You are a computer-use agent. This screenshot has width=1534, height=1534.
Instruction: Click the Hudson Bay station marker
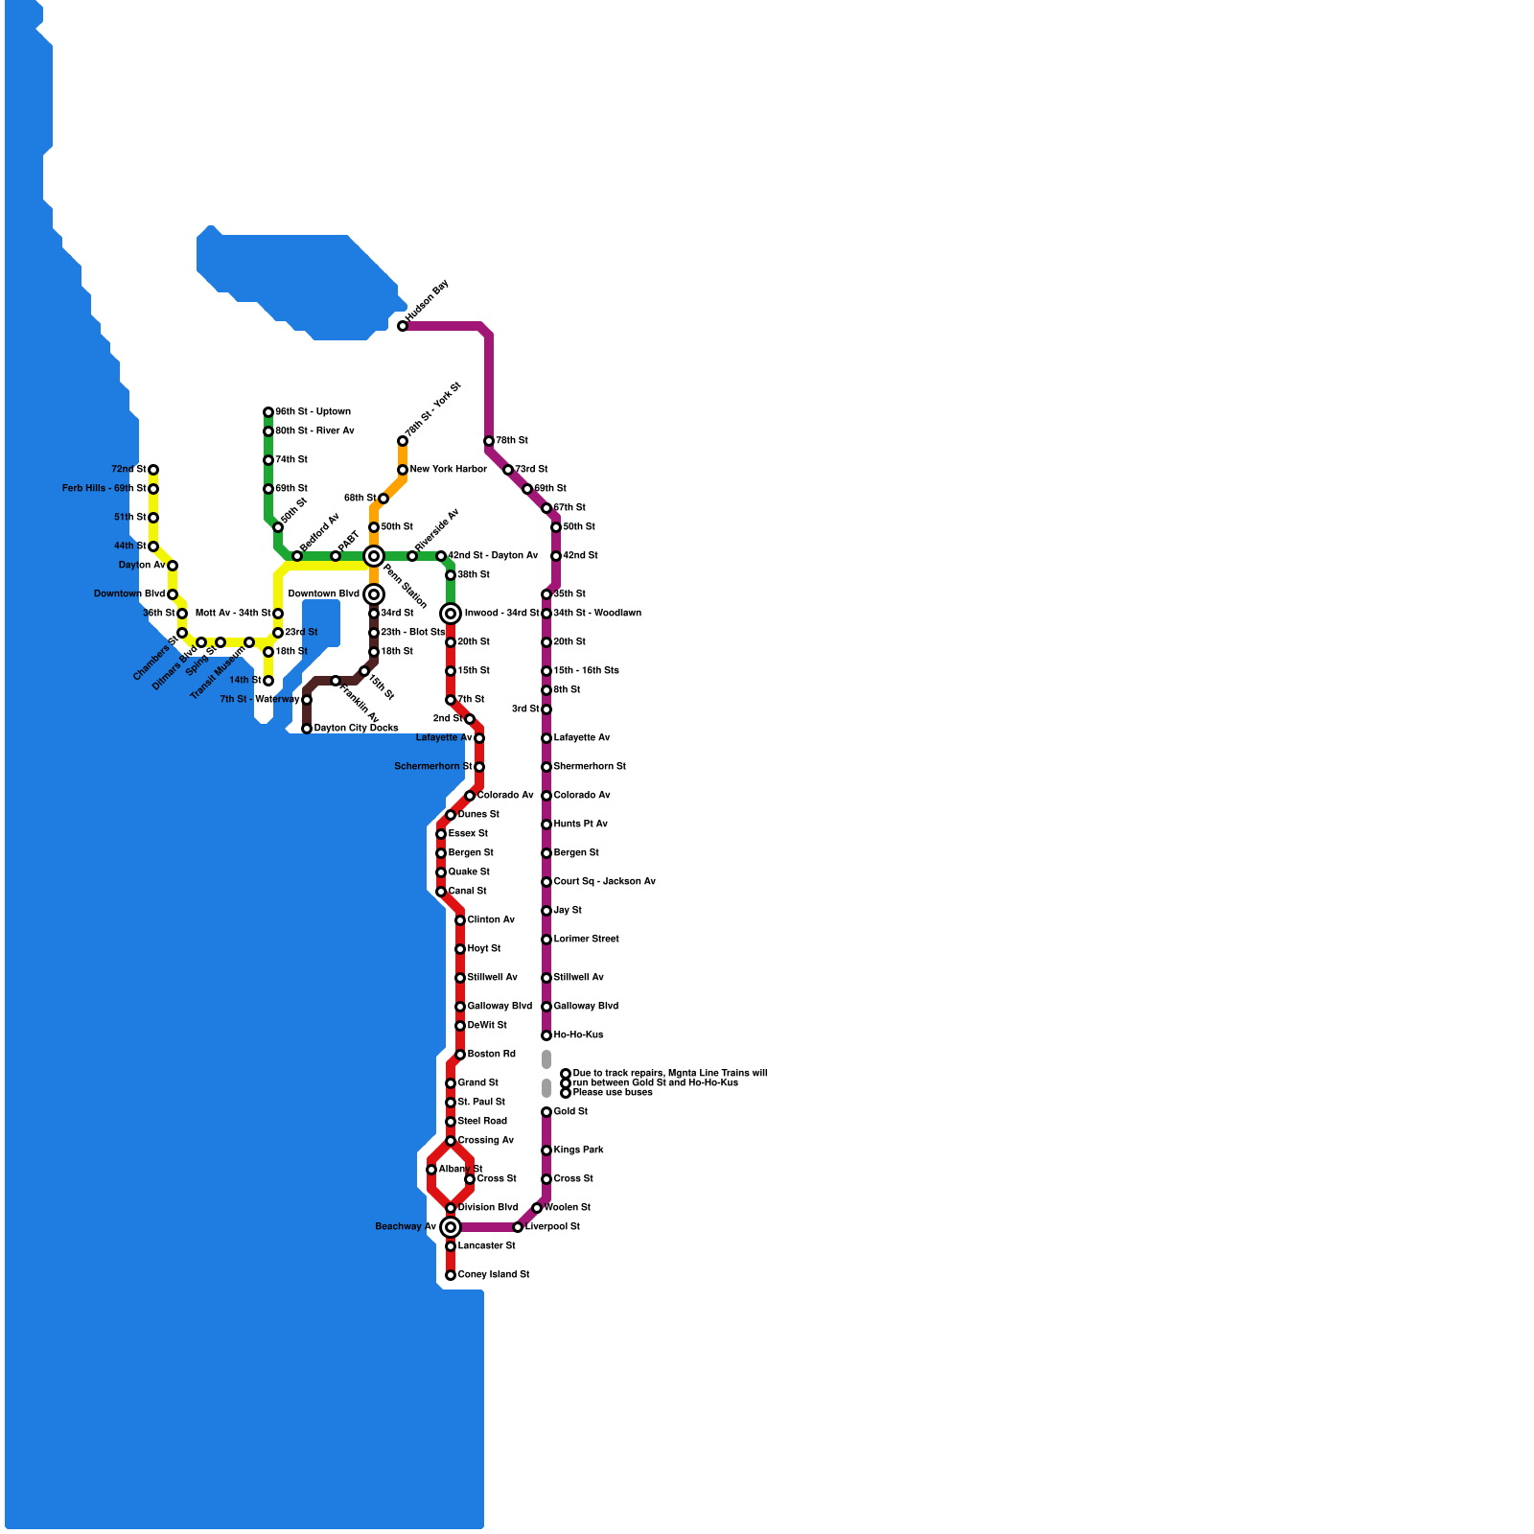click(403, 326)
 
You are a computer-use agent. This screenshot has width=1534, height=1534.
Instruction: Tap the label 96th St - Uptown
click(313, 412)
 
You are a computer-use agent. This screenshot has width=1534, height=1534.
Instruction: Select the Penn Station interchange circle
click(374, 556)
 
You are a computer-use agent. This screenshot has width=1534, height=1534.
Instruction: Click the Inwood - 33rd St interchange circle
click(451, 614)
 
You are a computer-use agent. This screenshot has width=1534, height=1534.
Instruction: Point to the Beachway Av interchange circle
click(451, 1227)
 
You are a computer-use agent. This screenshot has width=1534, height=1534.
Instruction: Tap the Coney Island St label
click(494, 1275)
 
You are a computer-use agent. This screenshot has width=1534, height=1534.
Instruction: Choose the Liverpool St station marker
click(518, 1227)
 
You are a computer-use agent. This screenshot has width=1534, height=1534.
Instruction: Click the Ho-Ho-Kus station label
click(578, 1035)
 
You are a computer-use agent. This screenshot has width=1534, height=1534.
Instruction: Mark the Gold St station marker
click(546, 1112)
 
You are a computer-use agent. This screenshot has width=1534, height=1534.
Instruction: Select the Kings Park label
click(578, 1150)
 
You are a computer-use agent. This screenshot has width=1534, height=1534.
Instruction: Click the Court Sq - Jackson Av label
click(604, 882)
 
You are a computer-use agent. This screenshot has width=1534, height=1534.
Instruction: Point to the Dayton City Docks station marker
click(307, 729)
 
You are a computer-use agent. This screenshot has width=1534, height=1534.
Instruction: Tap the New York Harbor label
click(448, 470)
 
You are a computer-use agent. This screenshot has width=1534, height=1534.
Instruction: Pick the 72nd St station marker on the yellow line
click(153, 470)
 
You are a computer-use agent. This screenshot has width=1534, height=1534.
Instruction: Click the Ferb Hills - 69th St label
click(104, 489)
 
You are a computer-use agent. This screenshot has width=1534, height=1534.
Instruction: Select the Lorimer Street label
click(586, 940)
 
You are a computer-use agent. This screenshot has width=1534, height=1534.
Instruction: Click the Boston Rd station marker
click(460, 1055)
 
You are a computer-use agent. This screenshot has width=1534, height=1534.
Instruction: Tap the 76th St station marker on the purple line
click(489, 441)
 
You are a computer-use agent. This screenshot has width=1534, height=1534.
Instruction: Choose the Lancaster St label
click(486, 1246)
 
